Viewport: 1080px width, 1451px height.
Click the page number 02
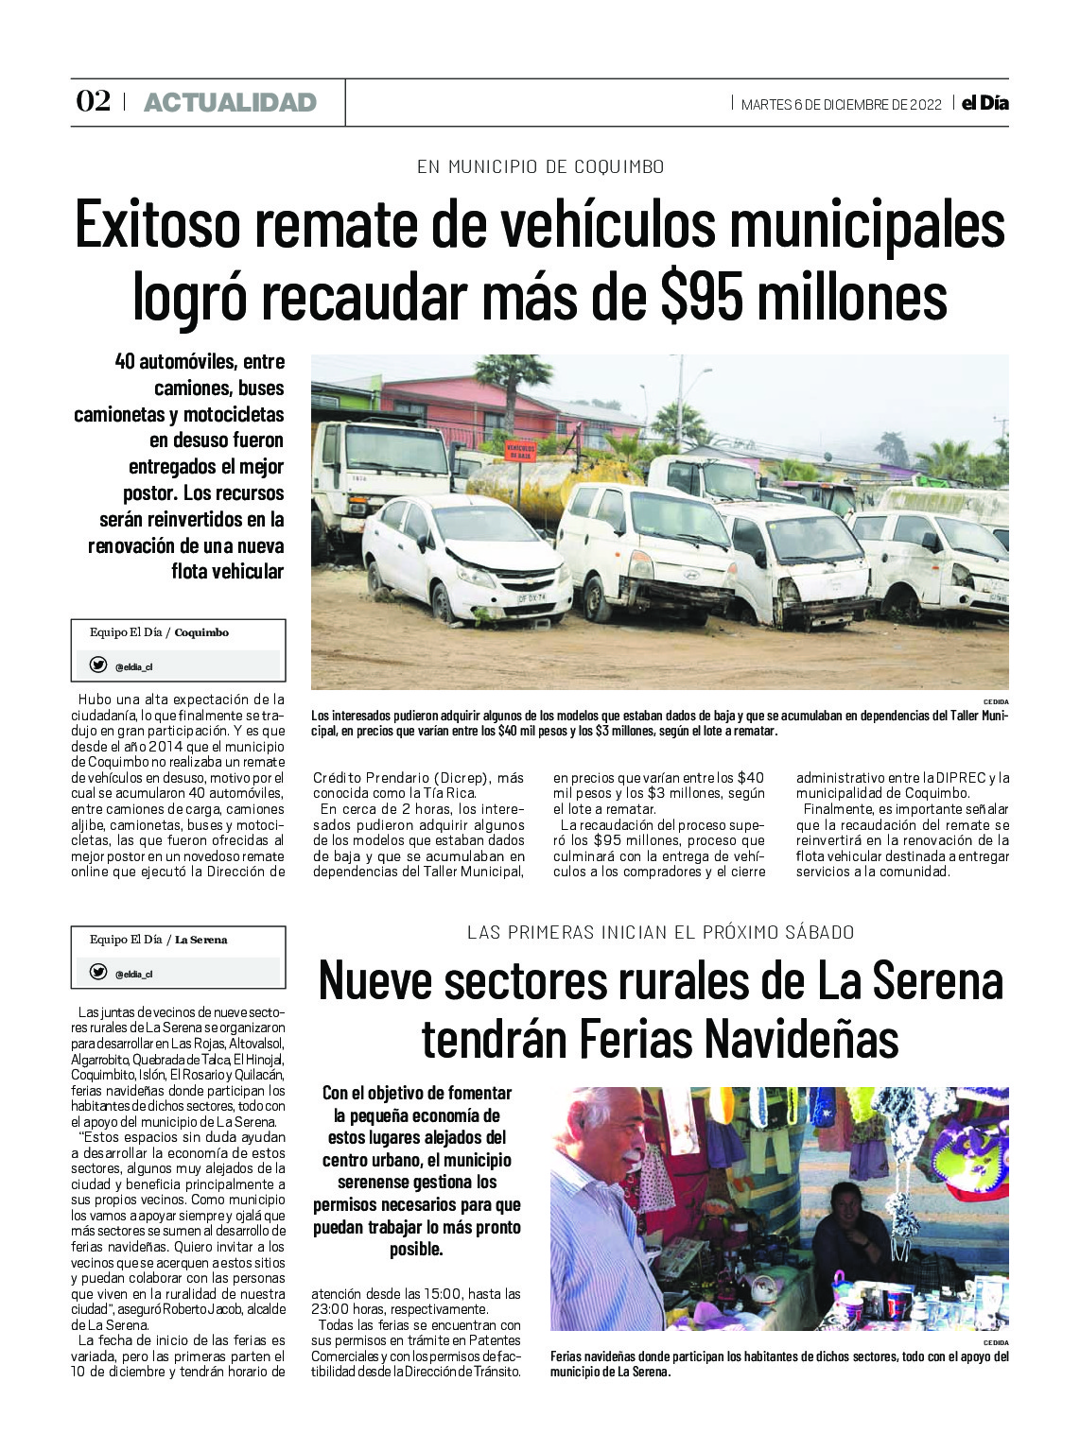[x=93, y=102]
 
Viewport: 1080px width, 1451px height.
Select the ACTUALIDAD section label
[x=230, y=103]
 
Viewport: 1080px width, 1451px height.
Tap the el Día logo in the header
[x=985, y=103]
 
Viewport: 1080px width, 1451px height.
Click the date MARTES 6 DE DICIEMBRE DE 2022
[x=841, y=104]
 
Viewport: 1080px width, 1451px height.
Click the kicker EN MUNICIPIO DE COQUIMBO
[x=540, y=167]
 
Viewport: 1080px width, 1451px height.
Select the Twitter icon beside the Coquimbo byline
[x=97, y=665]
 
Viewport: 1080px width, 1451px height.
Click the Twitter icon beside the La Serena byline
[x=97, y=972]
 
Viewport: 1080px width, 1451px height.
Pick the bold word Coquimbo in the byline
[x=201, y=632]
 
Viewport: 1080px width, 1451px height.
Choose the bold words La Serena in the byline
[x=200, y=940]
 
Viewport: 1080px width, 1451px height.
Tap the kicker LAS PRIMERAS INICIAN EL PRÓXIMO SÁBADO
[x=660, y=932]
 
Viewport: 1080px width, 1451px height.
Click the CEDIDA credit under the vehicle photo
[x=995, y=701]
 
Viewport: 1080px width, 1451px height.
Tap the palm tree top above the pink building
[x=514, y=371]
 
